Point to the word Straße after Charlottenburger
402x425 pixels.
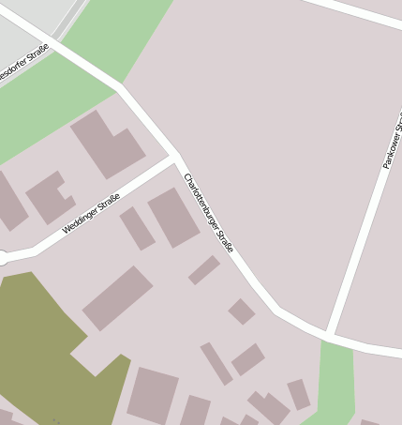225,240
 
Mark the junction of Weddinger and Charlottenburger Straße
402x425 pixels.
175,158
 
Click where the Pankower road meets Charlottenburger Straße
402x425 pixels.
330,334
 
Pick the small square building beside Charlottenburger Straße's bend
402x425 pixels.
242,311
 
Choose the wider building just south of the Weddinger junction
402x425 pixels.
173,217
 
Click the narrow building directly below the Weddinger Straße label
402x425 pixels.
137,228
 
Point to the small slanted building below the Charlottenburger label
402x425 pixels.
204,270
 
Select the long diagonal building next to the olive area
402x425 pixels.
117,297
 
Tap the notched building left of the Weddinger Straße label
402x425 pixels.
50,196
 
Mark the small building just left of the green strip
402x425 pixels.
298,394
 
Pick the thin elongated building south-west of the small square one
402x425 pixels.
216,363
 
